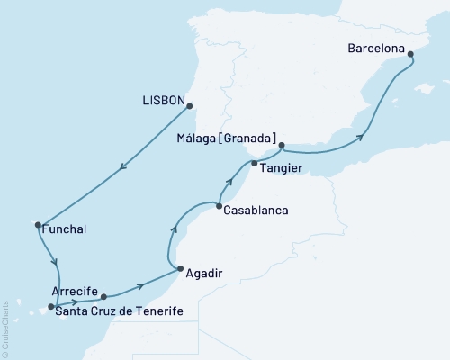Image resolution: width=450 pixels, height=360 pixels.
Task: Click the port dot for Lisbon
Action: tap(191, 105)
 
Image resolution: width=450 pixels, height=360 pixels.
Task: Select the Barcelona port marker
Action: tap(411, 55)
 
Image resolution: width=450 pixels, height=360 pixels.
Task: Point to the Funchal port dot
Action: tap(38, 224)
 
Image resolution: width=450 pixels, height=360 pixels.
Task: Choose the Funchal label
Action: tap(63, 229)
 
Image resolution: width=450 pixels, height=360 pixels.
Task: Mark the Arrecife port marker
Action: tap(104, 295)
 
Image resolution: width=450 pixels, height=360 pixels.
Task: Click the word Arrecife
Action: tap(76, 291)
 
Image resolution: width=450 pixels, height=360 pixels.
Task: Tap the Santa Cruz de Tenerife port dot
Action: tap(51, 306)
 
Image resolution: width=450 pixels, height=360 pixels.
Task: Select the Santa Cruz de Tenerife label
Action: tap(120, 311)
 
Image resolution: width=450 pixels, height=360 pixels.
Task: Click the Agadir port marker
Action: tap(179, 269)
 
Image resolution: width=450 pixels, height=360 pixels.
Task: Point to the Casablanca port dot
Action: tap(219, 207)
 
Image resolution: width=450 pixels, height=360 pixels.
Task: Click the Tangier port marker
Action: tap(255, 164)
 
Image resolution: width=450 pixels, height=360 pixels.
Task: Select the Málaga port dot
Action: tap(283, 145)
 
